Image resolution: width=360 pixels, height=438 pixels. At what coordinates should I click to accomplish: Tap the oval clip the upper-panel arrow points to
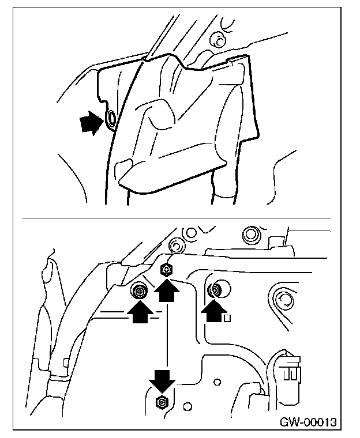tap(110, 119)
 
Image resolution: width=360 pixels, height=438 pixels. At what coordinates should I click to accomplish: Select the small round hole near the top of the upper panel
tap(216, 40)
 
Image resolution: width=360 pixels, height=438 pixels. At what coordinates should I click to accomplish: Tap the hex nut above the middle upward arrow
tap(167, 269)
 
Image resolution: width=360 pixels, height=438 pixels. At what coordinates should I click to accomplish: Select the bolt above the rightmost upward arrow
tap(217, 289)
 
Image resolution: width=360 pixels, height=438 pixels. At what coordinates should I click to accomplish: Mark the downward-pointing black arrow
tap(162, 382)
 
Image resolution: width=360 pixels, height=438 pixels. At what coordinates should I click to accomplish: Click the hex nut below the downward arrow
tap(162, 401)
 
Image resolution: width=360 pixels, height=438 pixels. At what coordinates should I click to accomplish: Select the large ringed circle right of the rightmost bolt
tap(283, 299)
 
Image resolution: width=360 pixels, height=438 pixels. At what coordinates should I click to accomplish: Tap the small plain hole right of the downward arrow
tap(217, 382)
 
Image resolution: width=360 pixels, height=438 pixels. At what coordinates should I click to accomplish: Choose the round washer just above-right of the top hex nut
tap(177, 247)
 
